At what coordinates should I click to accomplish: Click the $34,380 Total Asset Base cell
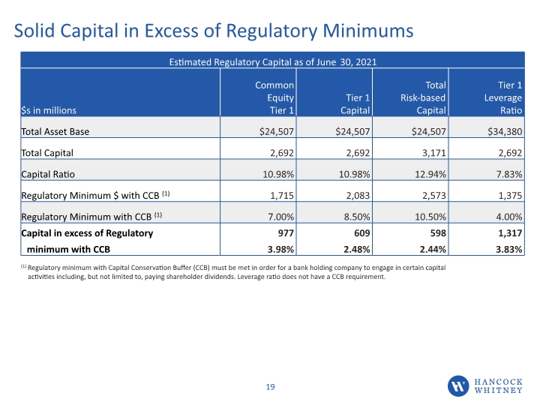click(505, 131)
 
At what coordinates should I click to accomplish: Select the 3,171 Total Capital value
click(434, 153)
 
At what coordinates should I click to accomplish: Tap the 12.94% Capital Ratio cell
click(430, 174)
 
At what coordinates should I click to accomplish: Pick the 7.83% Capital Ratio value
click(509, 174)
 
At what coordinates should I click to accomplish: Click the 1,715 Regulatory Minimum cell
click(282, 196)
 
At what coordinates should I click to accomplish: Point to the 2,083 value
click(358, 196)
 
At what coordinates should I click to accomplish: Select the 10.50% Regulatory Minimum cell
click(430, 217)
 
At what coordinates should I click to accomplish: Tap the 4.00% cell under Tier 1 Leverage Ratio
click(509, 217)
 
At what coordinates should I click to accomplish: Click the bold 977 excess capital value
click(286, 233)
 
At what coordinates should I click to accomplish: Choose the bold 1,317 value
click(510, 233)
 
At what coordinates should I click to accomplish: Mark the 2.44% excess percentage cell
click(433, 249)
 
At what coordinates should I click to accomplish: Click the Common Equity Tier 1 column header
click(274, 97)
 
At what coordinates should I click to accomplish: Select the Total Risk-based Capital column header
click(423, 97)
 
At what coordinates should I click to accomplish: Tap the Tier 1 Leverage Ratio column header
click(503, 97)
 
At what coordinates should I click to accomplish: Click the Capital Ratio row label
click(48, 174)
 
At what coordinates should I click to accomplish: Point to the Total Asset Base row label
click(55, 131)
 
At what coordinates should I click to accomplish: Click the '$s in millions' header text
click(49, 110)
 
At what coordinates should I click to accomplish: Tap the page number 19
click(270, 387)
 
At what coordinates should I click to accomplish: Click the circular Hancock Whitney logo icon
click(458, 386)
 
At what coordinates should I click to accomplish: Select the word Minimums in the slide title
click(367, 31)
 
